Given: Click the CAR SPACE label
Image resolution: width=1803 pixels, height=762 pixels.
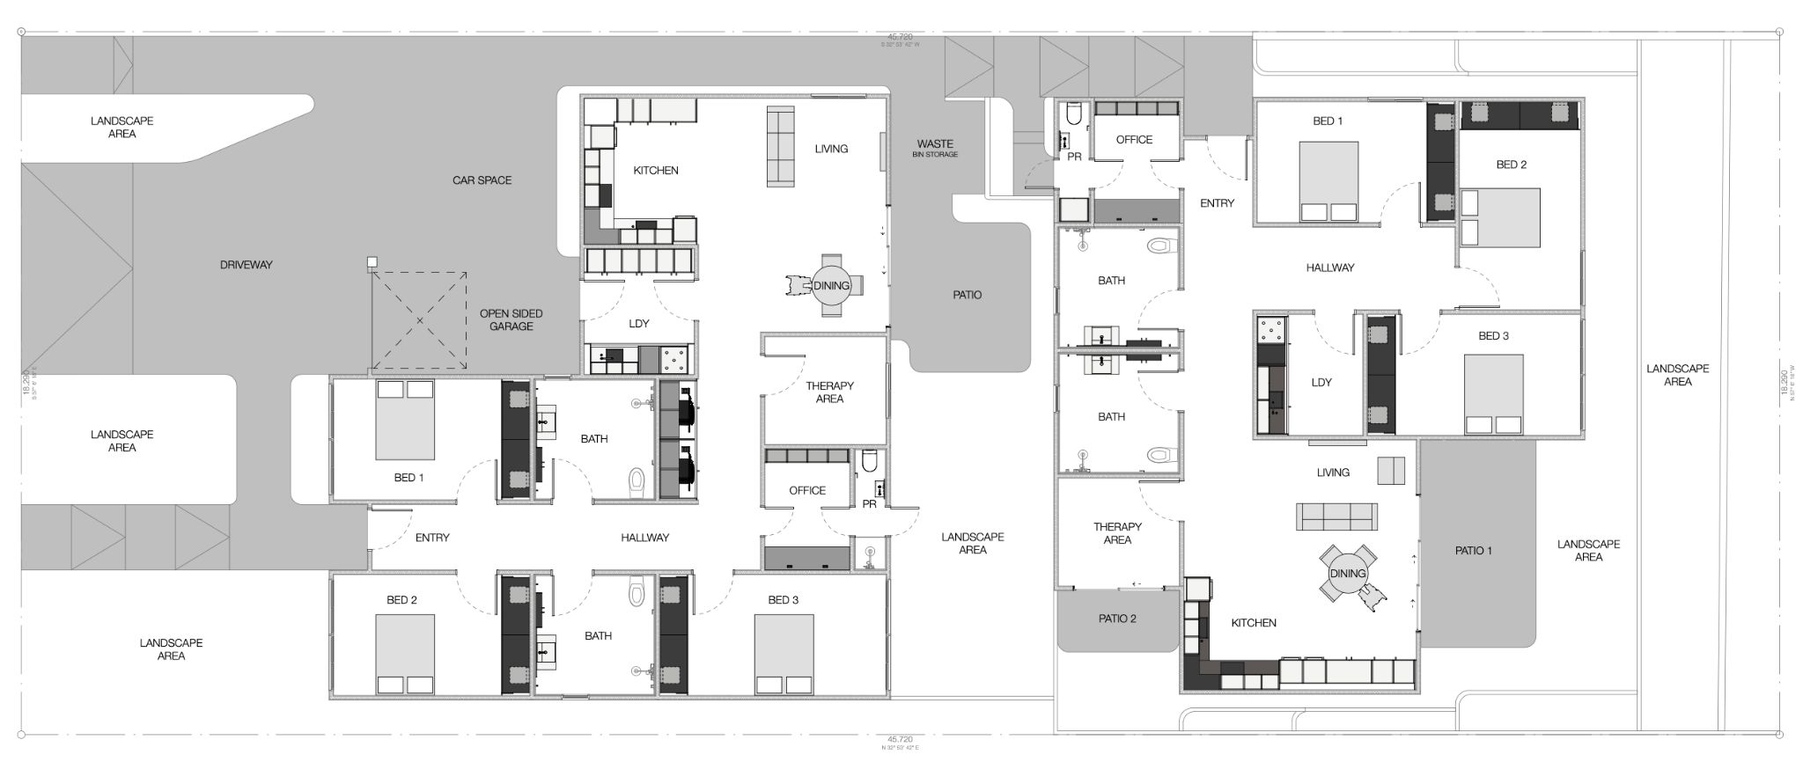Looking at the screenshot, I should click(482, 180).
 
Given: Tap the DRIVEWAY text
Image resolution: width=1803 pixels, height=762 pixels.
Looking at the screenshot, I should click(246, 265).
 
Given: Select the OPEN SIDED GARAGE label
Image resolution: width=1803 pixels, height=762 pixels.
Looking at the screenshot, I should click(511, 319).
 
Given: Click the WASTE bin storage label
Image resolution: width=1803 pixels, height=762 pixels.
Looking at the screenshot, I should click(935, 148).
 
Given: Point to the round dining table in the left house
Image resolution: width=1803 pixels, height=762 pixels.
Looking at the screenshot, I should click(831, 285).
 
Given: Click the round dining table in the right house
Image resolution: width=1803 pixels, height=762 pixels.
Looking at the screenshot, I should click(1347, 574).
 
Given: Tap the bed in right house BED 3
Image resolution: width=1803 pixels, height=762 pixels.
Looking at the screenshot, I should click(1493, 393).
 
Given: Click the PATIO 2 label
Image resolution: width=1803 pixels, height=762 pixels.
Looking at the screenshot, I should click(1117, 619).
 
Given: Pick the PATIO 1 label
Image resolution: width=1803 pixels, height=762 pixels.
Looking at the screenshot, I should click(1474, 551).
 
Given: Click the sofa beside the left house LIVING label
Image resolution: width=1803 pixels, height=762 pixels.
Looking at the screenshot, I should click(780, 146).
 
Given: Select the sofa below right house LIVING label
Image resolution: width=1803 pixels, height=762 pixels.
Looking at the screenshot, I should click(1336, 517).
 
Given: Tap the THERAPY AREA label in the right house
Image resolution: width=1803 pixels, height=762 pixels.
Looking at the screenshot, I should click(1117, 533).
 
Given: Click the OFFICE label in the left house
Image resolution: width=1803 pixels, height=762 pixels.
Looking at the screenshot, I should click(806, 491).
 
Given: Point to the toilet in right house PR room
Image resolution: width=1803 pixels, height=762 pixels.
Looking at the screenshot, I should click(1073, 115).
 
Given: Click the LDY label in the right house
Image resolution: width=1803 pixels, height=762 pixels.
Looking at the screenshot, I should click(1321, 383).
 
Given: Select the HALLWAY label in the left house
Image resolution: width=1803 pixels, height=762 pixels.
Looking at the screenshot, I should click(644, 538).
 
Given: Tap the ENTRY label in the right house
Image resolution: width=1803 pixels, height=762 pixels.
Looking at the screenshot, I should click(1217, 203).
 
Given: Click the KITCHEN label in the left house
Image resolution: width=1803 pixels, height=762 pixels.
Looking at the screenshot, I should click(656, 171).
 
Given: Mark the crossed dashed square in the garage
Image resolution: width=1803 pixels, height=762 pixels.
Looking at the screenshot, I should click(419, 321).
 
